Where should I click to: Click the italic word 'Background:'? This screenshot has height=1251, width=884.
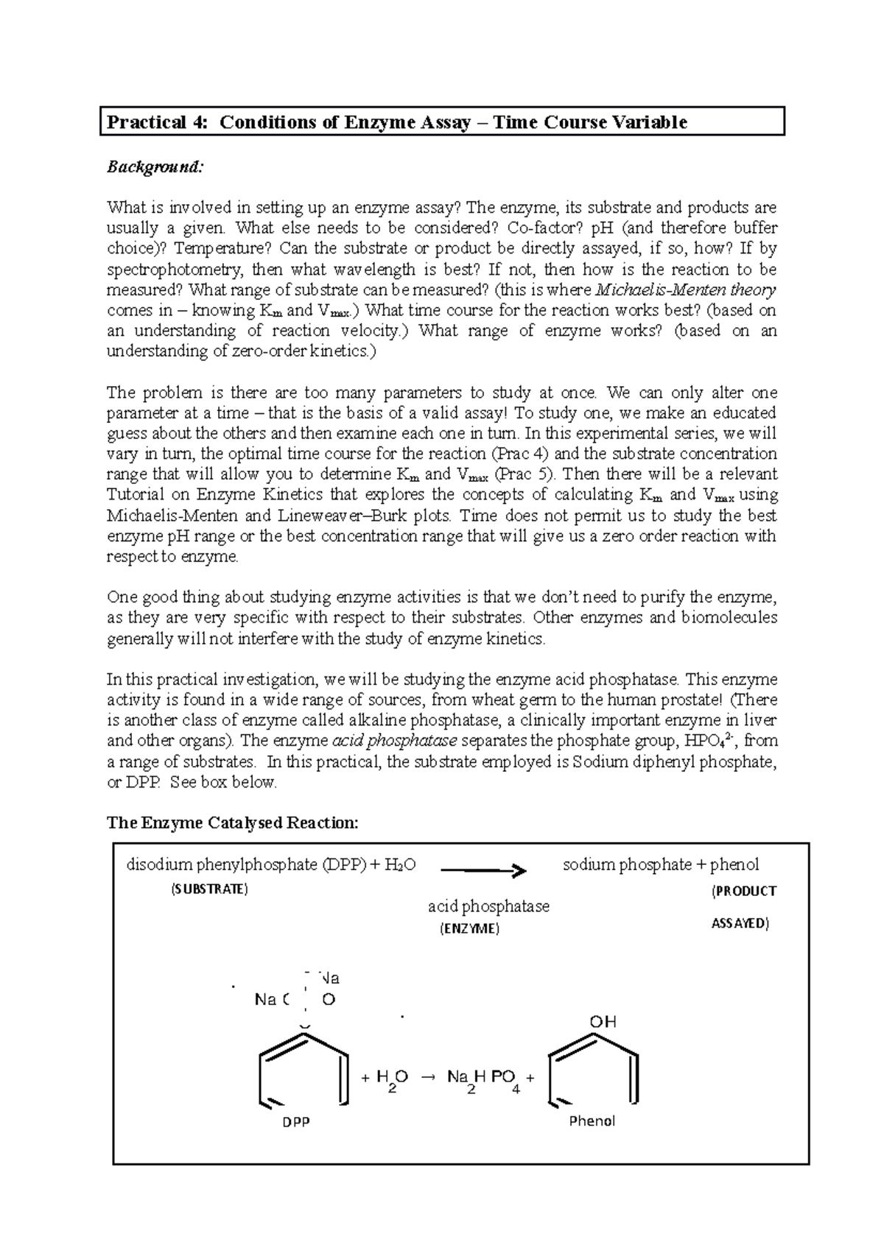pos(154,167)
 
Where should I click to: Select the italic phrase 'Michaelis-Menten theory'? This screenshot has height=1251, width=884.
pos(684,290)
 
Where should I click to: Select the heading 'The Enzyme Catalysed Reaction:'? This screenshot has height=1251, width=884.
pos(233,823)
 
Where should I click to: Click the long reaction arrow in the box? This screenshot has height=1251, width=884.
pos(483,871)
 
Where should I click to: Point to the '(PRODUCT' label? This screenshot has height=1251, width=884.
pos(743,891)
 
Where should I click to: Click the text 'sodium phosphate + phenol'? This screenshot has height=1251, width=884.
pos(660,864)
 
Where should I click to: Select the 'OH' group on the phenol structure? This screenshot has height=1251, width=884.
pos(602,1022)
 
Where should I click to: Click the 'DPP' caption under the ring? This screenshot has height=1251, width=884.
pos(296,1122)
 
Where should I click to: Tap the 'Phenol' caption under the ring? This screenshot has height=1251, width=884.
pos(592,1121)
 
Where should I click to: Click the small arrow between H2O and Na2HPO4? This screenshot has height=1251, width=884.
pos(427,1078)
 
